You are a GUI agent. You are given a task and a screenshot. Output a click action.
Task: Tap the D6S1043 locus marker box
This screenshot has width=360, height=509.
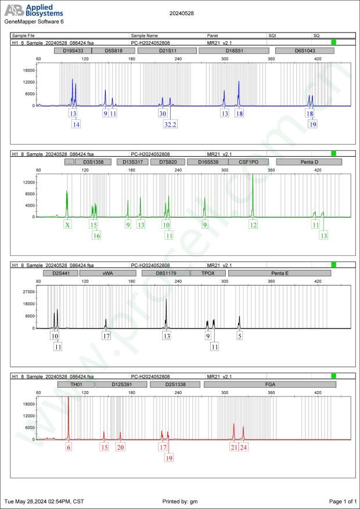[305, 50]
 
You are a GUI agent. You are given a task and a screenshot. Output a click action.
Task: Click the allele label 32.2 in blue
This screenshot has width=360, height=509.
[171, 124]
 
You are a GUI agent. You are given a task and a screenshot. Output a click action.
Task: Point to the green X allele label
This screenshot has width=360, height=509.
[67, 225]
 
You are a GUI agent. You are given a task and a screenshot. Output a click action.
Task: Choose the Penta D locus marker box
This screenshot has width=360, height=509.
[313, 162]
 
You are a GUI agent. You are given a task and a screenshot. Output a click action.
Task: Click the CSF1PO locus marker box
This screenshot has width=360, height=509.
[249, 162]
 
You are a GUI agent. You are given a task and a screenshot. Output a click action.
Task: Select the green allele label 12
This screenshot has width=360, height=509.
[253, 225]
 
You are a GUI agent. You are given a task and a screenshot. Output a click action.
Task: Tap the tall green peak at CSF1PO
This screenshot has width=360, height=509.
[253, 197]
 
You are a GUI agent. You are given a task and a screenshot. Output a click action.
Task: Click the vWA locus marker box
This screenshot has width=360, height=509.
[107, 273]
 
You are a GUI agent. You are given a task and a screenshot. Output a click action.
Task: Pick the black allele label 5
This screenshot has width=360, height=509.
[239, 336]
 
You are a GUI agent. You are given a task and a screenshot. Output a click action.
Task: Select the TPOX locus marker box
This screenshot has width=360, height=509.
[213, 273]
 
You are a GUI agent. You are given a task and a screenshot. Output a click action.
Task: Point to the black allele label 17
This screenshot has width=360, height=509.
[106, 336]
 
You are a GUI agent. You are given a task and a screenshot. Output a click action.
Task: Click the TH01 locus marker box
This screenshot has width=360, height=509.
[75, 384]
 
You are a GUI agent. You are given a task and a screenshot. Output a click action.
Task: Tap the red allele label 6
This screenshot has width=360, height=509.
[69, 447]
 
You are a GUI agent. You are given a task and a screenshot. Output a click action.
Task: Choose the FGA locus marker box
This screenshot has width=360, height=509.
[271, 384]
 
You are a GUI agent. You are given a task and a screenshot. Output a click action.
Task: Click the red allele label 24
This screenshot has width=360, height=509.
[243, 447]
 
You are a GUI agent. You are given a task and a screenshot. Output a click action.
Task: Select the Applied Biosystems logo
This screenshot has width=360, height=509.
[34, 10]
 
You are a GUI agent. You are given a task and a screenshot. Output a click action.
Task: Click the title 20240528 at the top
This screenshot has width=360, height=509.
[182, 12]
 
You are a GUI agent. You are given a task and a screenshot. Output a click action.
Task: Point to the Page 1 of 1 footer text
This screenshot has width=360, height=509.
[342, 501]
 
